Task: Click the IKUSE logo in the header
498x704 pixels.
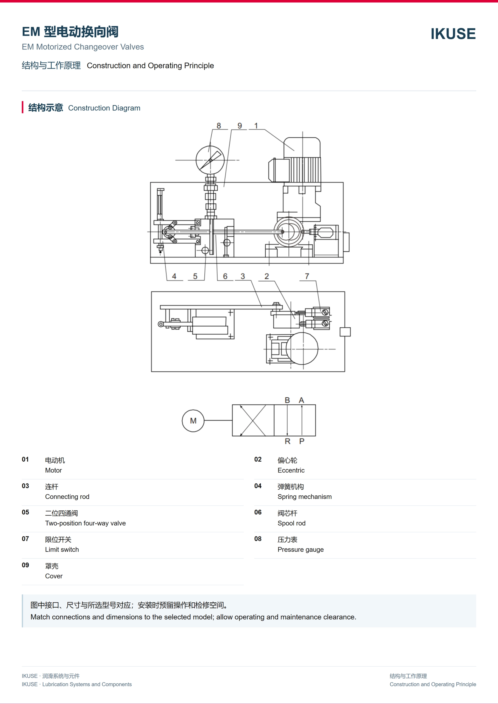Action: click(453, 34)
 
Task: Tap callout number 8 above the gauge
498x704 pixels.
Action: click(219, 126)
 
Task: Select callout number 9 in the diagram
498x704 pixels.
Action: click(240, 126)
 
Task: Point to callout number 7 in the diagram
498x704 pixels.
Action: click(307, 276)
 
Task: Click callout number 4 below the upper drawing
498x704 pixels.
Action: click(174, 276)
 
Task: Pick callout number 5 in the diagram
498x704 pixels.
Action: click(195, 276)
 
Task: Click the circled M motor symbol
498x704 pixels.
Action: click(193, 421)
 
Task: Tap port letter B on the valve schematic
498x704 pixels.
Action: click(287, 400)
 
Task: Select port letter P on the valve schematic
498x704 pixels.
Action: click(302, 441)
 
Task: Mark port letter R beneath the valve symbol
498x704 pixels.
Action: click(287, 441)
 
